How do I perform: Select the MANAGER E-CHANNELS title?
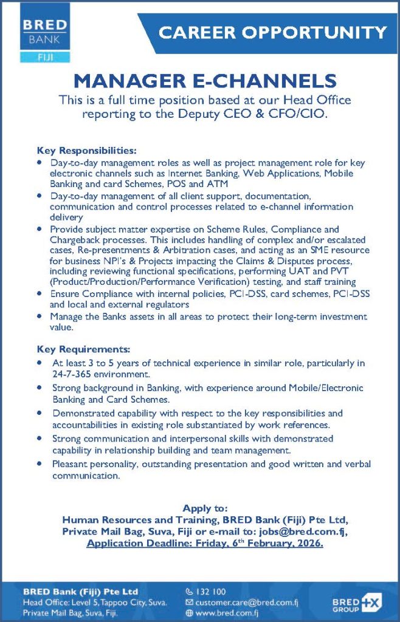coord(204,81)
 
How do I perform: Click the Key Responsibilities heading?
coord(87,150)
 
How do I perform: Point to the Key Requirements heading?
coord(84,349)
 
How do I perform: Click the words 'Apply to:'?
coord(205,508)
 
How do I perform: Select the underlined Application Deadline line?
coord(205,543)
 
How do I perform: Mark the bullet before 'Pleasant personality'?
coord(40,465)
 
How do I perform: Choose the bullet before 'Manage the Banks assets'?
coord(40,317)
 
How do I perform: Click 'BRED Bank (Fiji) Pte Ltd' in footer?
coord(80,591)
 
